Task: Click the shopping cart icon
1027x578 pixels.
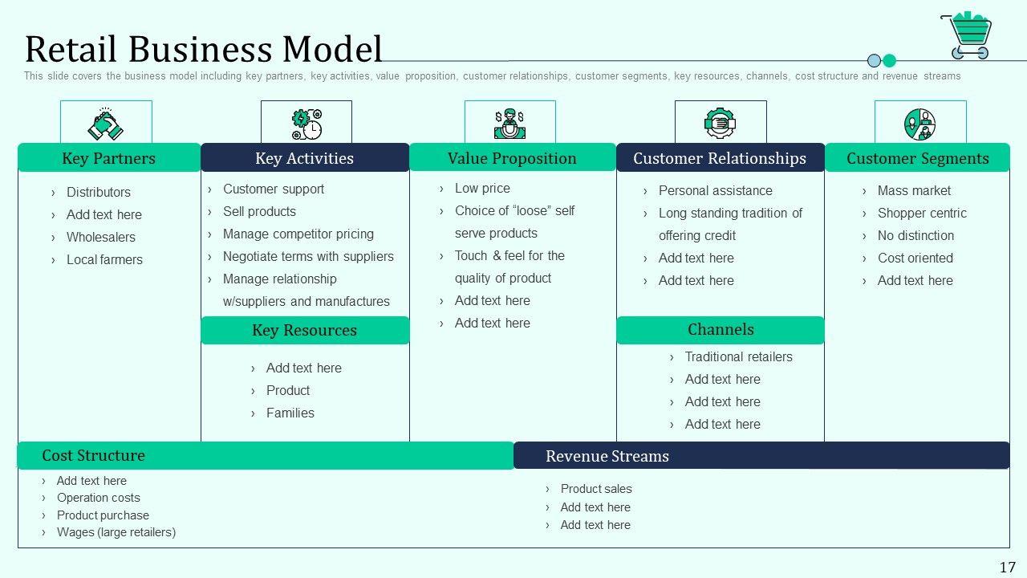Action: pos(966,36)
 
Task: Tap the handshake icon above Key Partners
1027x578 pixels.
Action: pos(105,124)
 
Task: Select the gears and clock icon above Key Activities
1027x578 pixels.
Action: pos(306,124)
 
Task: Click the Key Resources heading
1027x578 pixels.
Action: pos(304,330)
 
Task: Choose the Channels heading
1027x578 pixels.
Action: pos(721,329)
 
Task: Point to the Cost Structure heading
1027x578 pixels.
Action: pos(93,455)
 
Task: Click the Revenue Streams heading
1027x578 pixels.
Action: pos(607,456)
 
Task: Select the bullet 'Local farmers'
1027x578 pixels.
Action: pos(104,259)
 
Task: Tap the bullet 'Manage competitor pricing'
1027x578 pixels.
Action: pos(298,234)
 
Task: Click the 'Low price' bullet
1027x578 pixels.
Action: pos(482,188)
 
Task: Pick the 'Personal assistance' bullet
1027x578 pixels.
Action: pos(715,190)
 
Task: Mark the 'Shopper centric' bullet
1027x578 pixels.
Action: pos(922,213)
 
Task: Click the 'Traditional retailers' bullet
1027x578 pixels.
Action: pos(738,356)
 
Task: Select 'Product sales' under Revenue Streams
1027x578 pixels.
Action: pos(596,488)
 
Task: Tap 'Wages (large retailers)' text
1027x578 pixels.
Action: pos(116,531)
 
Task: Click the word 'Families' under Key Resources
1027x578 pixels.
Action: pos(290,413)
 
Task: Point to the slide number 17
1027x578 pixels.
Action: pos(1007,567)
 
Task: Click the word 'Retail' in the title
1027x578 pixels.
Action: pos(72,49)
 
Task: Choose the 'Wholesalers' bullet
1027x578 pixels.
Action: pos(101,237)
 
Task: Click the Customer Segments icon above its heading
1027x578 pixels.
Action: pos(920,124)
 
